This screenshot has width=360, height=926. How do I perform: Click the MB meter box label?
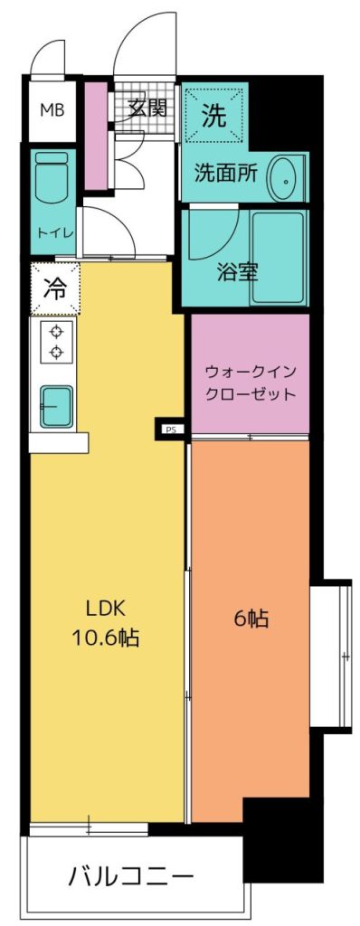52,109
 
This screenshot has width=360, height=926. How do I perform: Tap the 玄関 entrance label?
147,109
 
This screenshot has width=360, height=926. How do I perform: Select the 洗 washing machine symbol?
214,116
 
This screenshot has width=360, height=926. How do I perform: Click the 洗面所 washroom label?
226,174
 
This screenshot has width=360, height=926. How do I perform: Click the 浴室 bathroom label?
236,273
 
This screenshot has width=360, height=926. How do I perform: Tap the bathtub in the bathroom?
277,258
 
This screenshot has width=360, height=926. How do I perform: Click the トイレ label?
55,233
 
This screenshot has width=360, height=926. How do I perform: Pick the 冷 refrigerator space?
55,289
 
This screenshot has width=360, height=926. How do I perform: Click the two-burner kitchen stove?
57,342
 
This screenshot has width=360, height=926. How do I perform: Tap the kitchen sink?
57,406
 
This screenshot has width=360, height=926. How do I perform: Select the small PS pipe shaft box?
170,428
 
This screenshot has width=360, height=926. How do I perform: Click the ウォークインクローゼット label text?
250,383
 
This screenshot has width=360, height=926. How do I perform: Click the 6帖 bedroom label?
251,619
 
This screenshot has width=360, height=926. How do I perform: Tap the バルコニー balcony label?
130,876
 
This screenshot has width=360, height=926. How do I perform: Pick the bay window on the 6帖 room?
331,657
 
